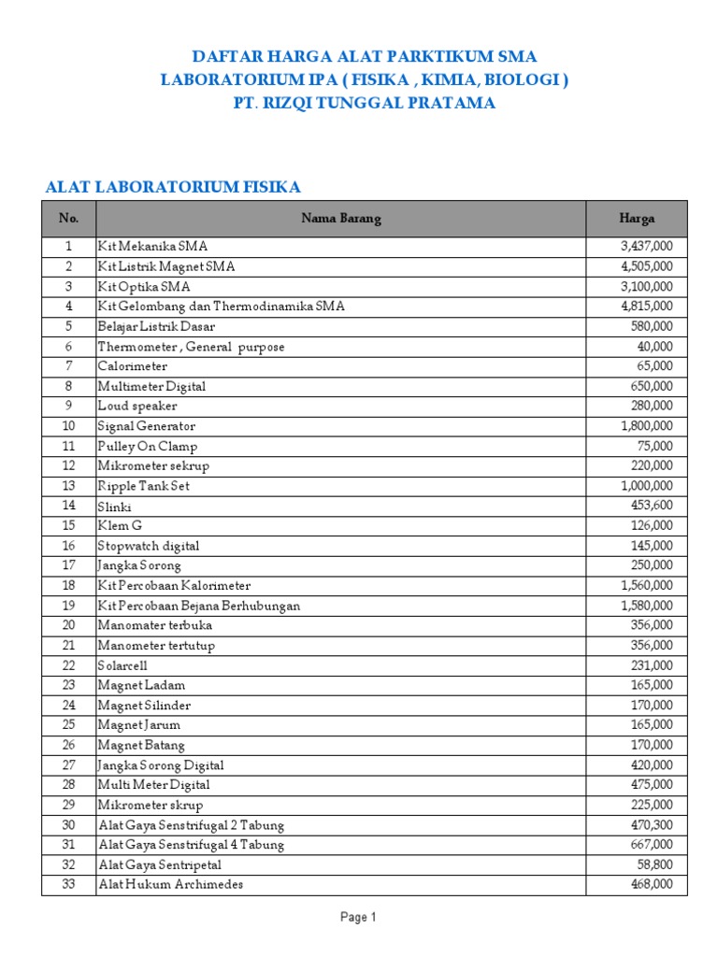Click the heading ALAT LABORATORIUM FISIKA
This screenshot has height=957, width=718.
[x=173, y=188]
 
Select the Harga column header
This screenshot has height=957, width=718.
[x=637, y=219]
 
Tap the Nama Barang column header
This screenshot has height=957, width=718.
[x=341, y=219]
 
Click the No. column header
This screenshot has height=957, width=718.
[x=68, y=219]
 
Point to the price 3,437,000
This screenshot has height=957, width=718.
[x=646, y=247]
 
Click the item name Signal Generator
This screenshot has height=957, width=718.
[x=147, y=426]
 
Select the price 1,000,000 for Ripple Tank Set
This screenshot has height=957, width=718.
[x=646, y=486]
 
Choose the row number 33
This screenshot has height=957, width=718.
[x=68, y=884]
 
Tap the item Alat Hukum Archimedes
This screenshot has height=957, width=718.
[x=171, y=884]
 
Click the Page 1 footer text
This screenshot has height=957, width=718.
[x=358, y=918]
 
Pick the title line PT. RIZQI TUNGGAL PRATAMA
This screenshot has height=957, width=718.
[x=365, y=104]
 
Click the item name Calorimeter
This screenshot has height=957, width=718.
[x=133, y=366]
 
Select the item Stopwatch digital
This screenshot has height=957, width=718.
[x=149, y=546]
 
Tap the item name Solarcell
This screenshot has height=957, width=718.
[x=124, y=665]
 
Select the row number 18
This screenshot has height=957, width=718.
[x=68, y=585]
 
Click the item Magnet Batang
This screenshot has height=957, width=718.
[x=141, y=745]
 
